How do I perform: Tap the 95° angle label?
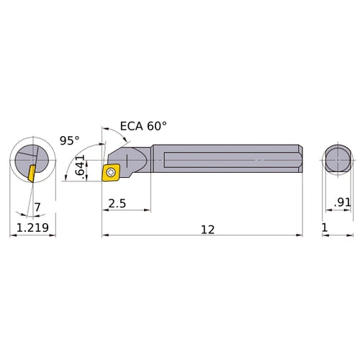[69, 141]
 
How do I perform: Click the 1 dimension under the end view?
[324, 229]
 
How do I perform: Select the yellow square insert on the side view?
[112, 172]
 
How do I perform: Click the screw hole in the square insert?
[112, 172]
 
